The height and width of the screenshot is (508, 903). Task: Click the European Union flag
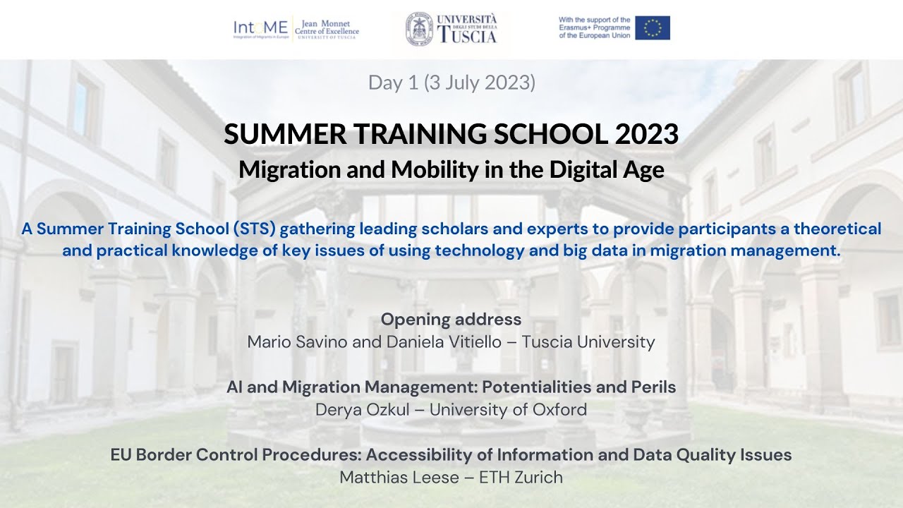tap(652, 28)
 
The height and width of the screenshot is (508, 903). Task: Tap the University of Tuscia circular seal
tap(419, 29)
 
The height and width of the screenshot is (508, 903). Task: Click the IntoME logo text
tap(260, 28)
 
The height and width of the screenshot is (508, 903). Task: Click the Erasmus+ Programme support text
tap(594, 28)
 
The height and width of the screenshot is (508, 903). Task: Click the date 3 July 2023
tap(480, 83)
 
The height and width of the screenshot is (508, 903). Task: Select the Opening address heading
tap(451, 319)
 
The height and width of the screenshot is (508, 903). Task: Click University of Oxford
tap(508, 409)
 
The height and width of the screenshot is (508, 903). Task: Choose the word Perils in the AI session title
tap(651, 387)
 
